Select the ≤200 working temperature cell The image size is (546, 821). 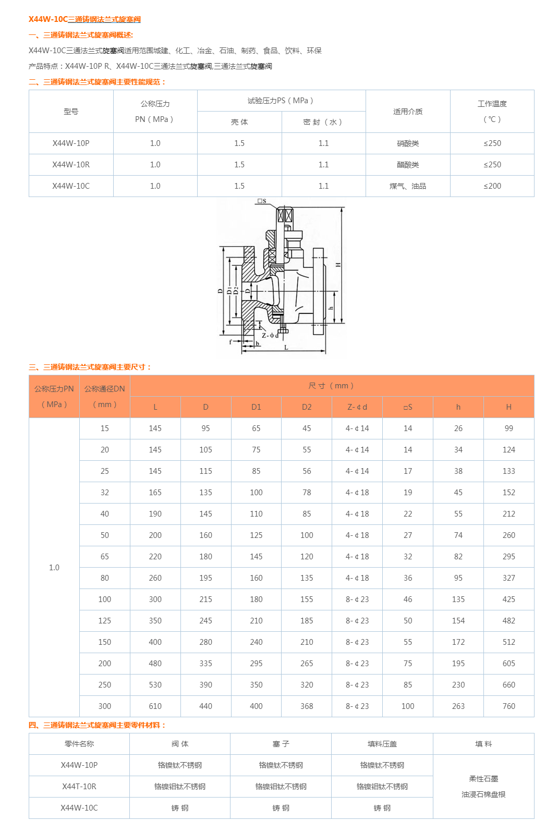(x=492, y=186)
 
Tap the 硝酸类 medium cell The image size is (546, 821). (x=408, y=143)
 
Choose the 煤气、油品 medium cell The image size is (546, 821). (x=408, y=186)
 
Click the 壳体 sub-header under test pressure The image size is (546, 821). (x=239, y=122)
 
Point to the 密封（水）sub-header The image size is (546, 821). (x=323, y=122)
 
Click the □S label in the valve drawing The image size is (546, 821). (x=262, y=201)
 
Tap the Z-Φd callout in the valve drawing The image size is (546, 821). (x=270, y=335)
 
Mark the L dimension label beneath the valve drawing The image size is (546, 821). (x=286, y=347)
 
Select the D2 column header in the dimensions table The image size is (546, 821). (x=307, y=407)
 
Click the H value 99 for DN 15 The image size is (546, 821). (x=508, y=428)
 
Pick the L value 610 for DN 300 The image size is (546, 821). (x=155, y=706)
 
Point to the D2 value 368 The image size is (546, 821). (x=307, y=706)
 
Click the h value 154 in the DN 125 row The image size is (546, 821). (x=458, y=621)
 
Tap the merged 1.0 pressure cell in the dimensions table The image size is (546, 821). (x=54, y=568)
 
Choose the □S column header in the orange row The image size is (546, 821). (x=408, y=407)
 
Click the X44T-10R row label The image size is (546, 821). (x=79, y=787)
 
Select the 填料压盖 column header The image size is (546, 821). (x=382, y=744)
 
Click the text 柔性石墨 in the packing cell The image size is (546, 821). (x=483, y=779)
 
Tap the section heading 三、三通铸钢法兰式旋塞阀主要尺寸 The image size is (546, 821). (x=90, y=367)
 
